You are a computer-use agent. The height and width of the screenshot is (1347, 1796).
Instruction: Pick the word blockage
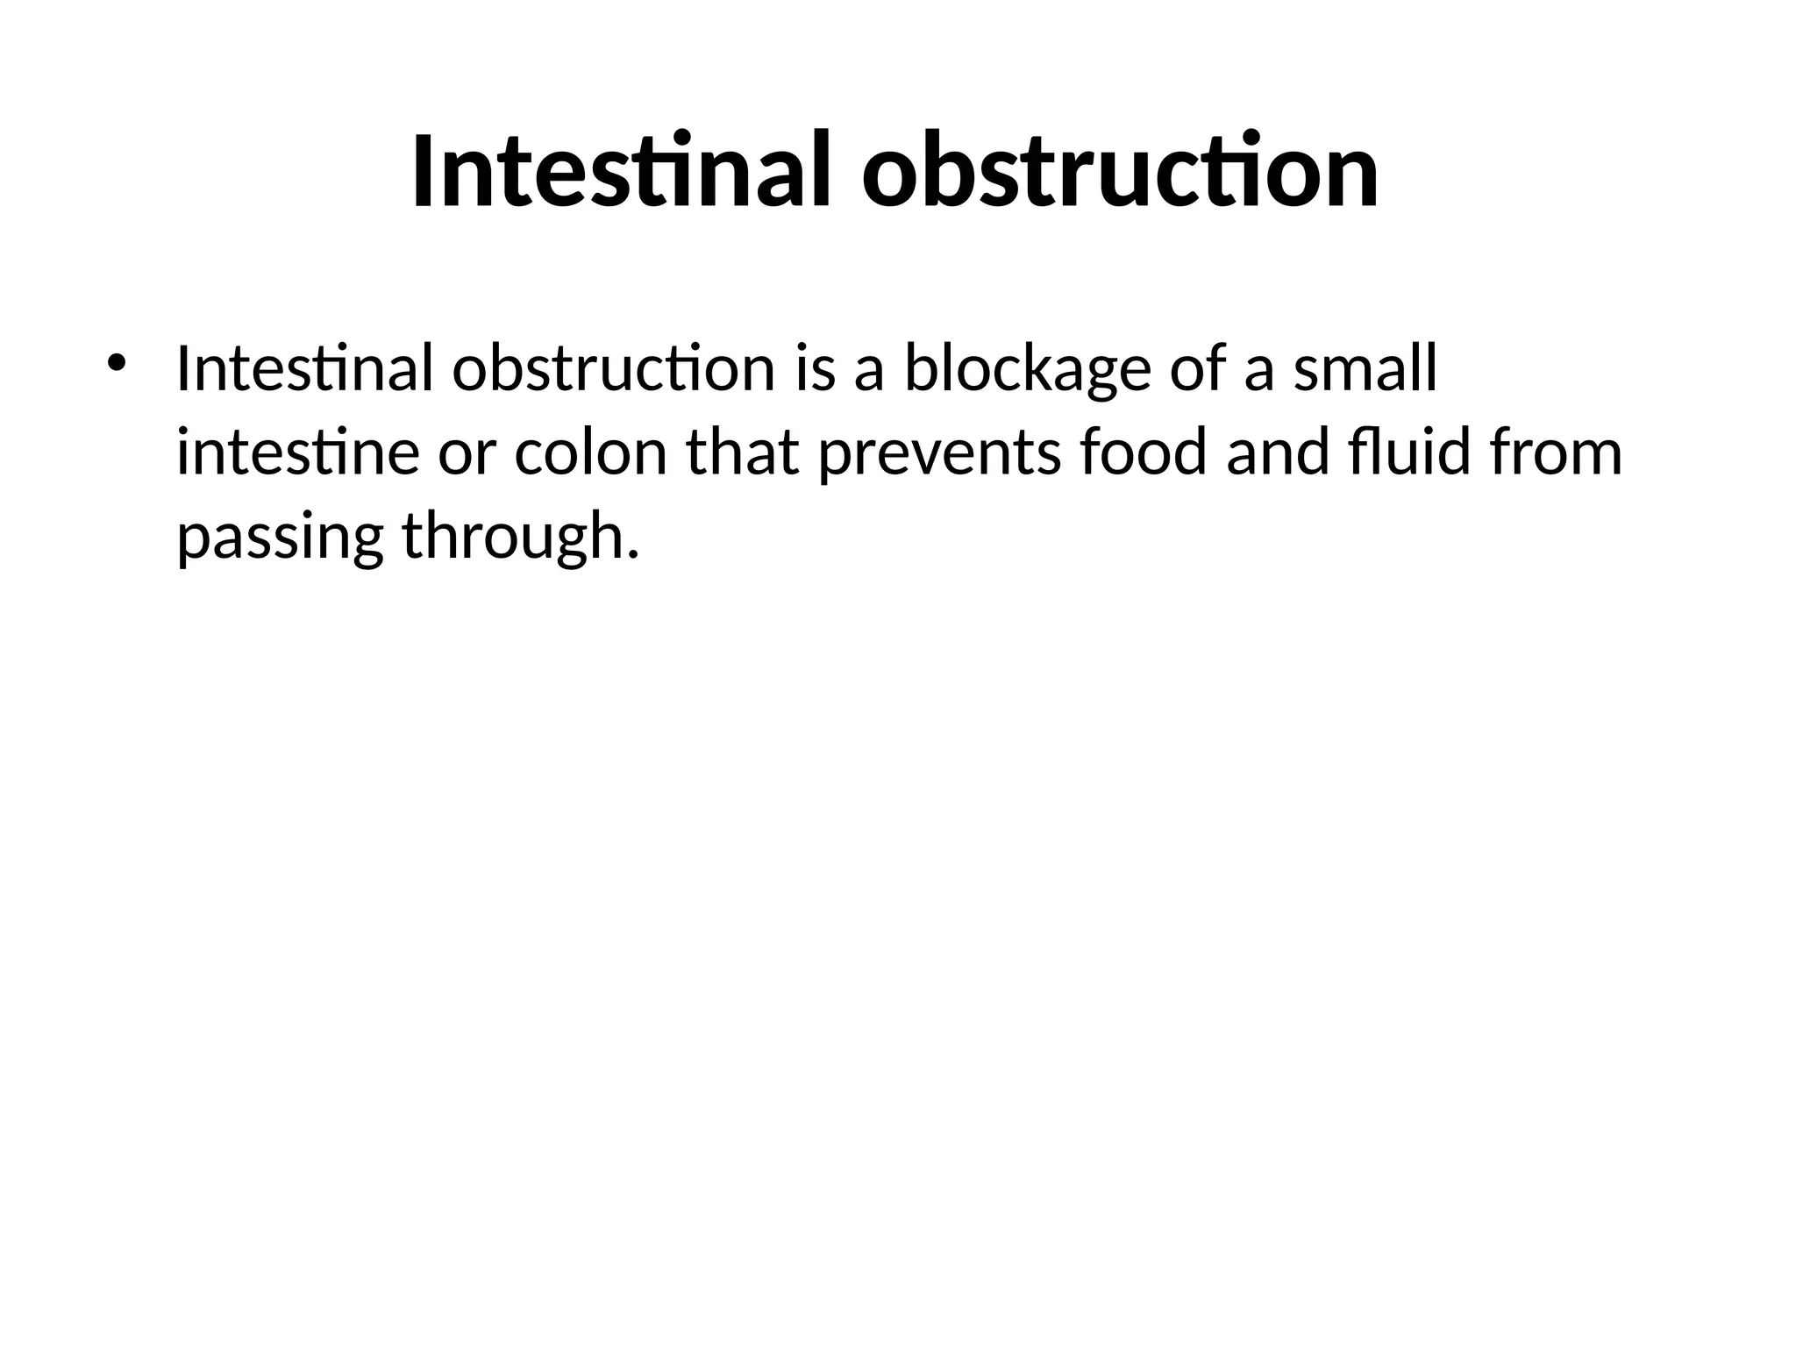[1027, 370]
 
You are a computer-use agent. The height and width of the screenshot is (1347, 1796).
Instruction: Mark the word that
[742, 453]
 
